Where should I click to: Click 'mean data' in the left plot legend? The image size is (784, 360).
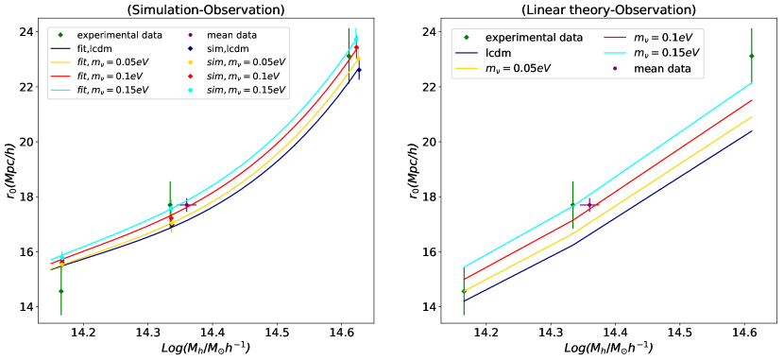click(232, 35)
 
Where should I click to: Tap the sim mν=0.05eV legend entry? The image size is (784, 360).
click(247, 62)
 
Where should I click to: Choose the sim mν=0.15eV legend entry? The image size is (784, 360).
click(247, 91)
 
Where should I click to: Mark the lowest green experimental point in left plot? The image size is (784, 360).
click(61, 291)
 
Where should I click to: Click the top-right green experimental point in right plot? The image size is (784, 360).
click(752, 56)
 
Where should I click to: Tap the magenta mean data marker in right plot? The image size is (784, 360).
click(590, 205)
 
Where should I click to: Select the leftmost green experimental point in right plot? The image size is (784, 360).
click(464, 291)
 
